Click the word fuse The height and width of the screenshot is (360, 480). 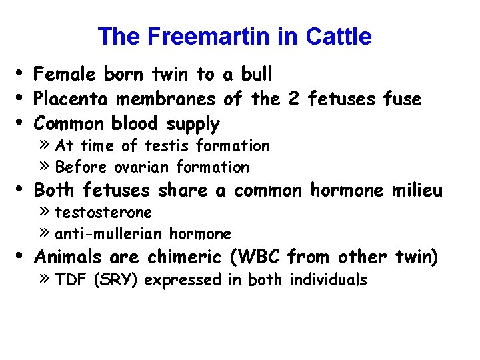click(x=403, y=100)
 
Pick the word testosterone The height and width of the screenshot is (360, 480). click(x=103, y=213)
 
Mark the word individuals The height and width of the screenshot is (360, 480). click(x=329, y=280)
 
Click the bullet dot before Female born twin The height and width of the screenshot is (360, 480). click(x=23, y=72)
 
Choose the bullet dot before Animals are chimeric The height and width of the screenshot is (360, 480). click(x=23, y=254)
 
